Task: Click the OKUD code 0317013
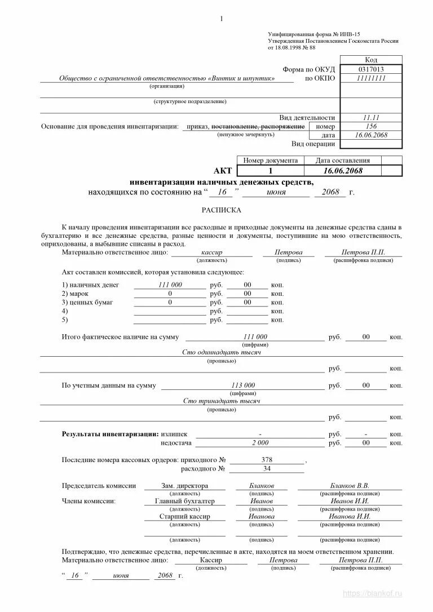(x=370, y=69)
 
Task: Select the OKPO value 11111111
(x=370, y=78)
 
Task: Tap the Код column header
(x=370, y=60)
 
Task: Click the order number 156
(x=370, y=126)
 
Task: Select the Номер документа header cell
(x=270, y=161)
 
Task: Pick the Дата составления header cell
(x=342, y=161)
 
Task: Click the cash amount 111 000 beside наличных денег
(x=170, y=285)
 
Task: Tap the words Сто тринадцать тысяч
(x=221, y=401)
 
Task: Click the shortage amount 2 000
(x=260, y=443)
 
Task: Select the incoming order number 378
(x=267, y=460)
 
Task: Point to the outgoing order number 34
(x=267, y=469)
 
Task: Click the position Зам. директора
(x=184, y=486)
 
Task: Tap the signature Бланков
(x=262, y=486)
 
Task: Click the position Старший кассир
(x=184, y=516)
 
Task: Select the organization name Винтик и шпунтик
(x=242, y=79)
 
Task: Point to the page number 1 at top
(x=222, y=19)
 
